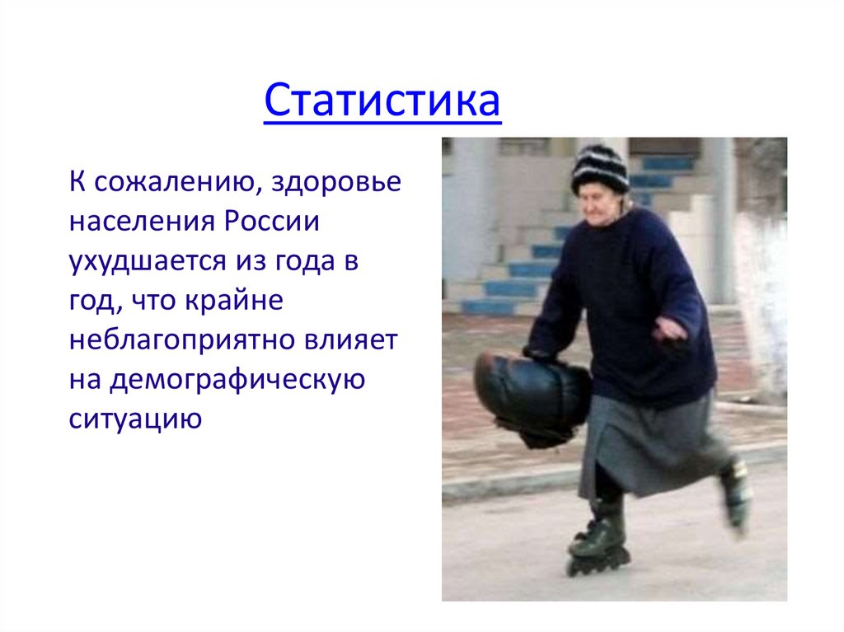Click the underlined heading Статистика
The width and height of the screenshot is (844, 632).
pyautogui.click(x=382, y=102)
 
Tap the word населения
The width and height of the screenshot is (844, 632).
pyautogui.click(x=139, y=222)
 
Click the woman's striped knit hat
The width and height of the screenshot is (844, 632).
pyautogui.click(x=599, y=166)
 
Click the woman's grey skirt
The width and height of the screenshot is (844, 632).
pyautogui.click(x=651, y=445)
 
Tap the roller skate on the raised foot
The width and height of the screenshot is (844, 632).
pyautogui.click(x=735, y=494)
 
